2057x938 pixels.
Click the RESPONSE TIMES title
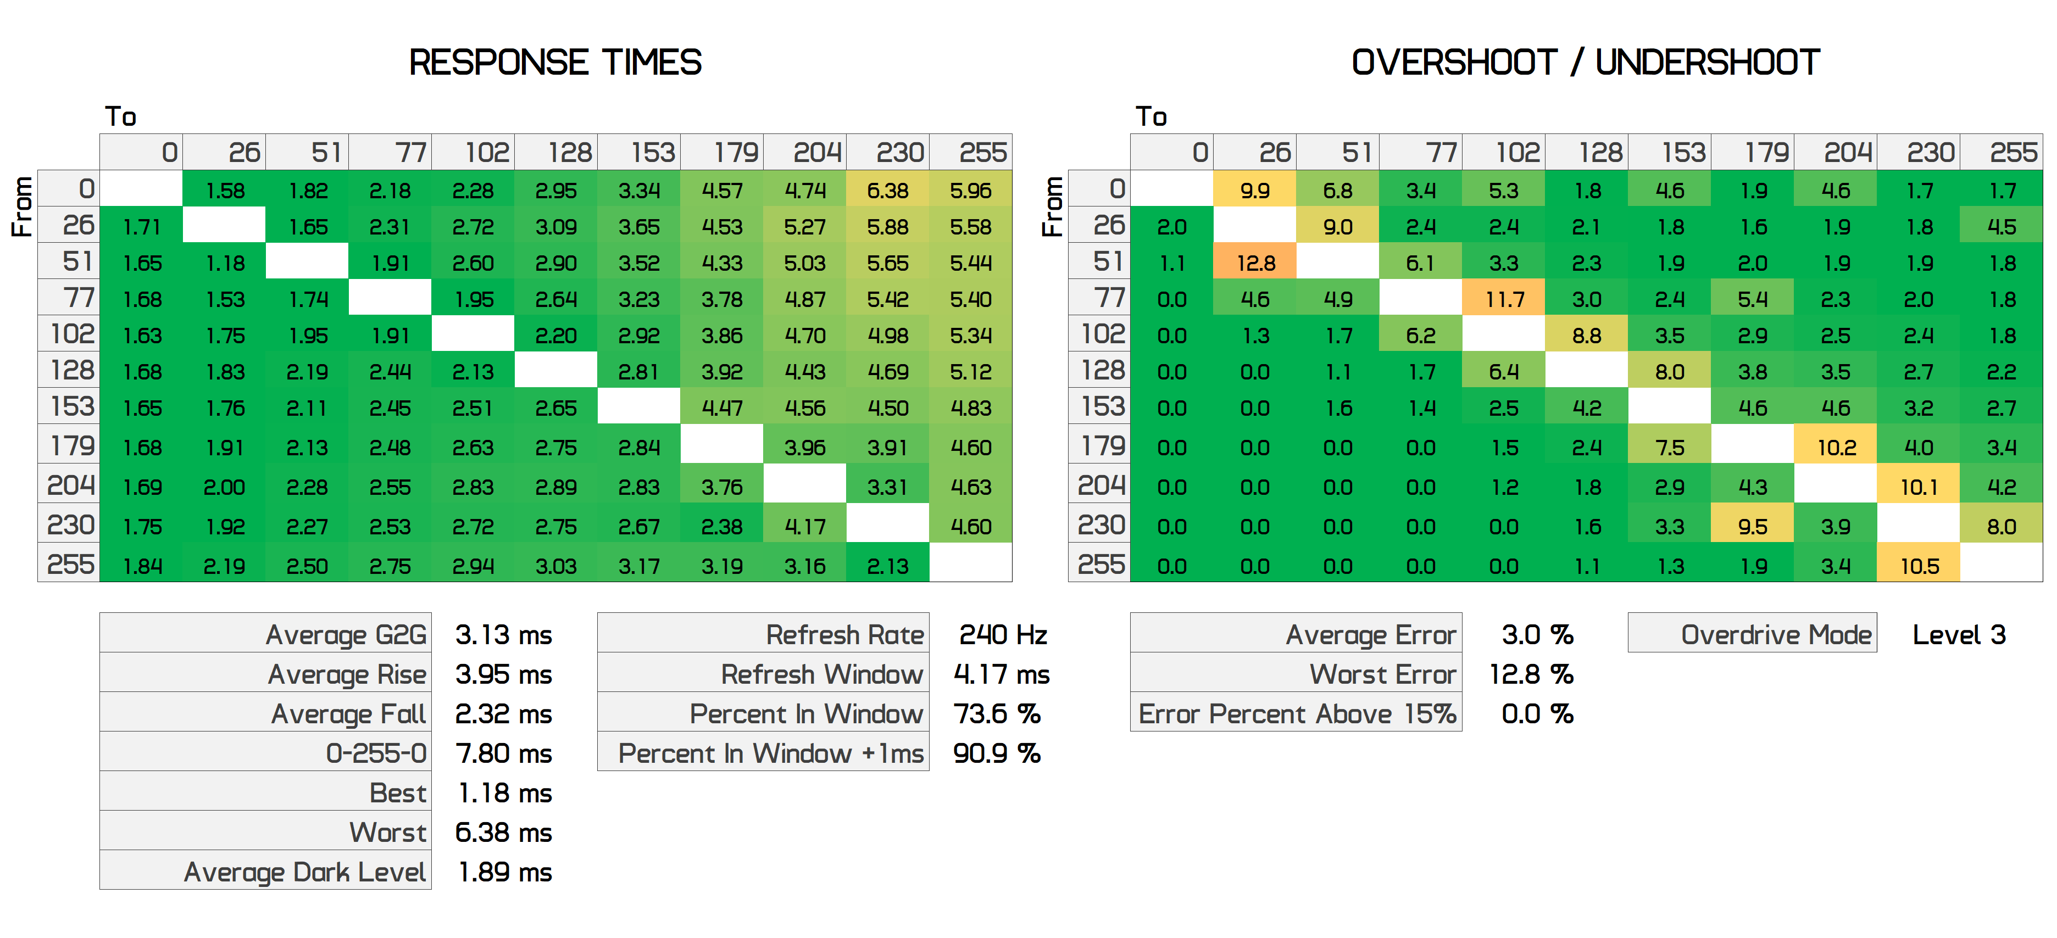pyautogui.click(x=555, y=62)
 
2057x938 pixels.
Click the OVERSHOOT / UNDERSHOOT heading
pyautogui.click(x=1585, y=62)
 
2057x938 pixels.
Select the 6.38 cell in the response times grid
pyautogui.click(x=888, y=191)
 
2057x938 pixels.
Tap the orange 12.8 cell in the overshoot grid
pyautogui.click(x=1255, y=263)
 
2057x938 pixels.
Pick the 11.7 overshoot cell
pyautogui.click(x=1504, y=299)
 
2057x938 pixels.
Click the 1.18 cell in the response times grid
pyautogui.click(x=224, y=263)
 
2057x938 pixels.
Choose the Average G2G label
pyautogui.click(x=346, y=635)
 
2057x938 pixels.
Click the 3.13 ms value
pyautogui.click(x=503, y=635)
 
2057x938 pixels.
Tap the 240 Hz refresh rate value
pyautogui.click(x=1002, y=635)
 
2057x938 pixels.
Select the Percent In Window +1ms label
pyautogui.click(x=771, y=753)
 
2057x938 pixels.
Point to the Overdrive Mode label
pyautogui.click(x=1776, y=635)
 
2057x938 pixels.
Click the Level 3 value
pyautogui.click(x=1959, y=635)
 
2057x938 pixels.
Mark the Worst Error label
pyautogui.click(x=1382, y=674)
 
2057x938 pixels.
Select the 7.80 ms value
pyautogui.click(x=503, y=753)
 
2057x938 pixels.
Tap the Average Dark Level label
pyautogui.click(x=304, y=872)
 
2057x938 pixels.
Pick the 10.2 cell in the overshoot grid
pyautogui.click(x=1836, y=447)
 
